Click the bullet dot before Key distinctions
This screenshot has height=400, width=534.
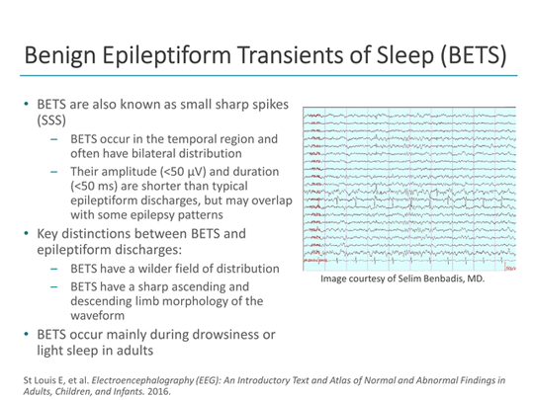pyautogui.click(x=28, y=235)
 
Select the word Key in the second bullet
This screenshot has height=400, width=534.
pyautogui.click(x=49, y=235)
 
